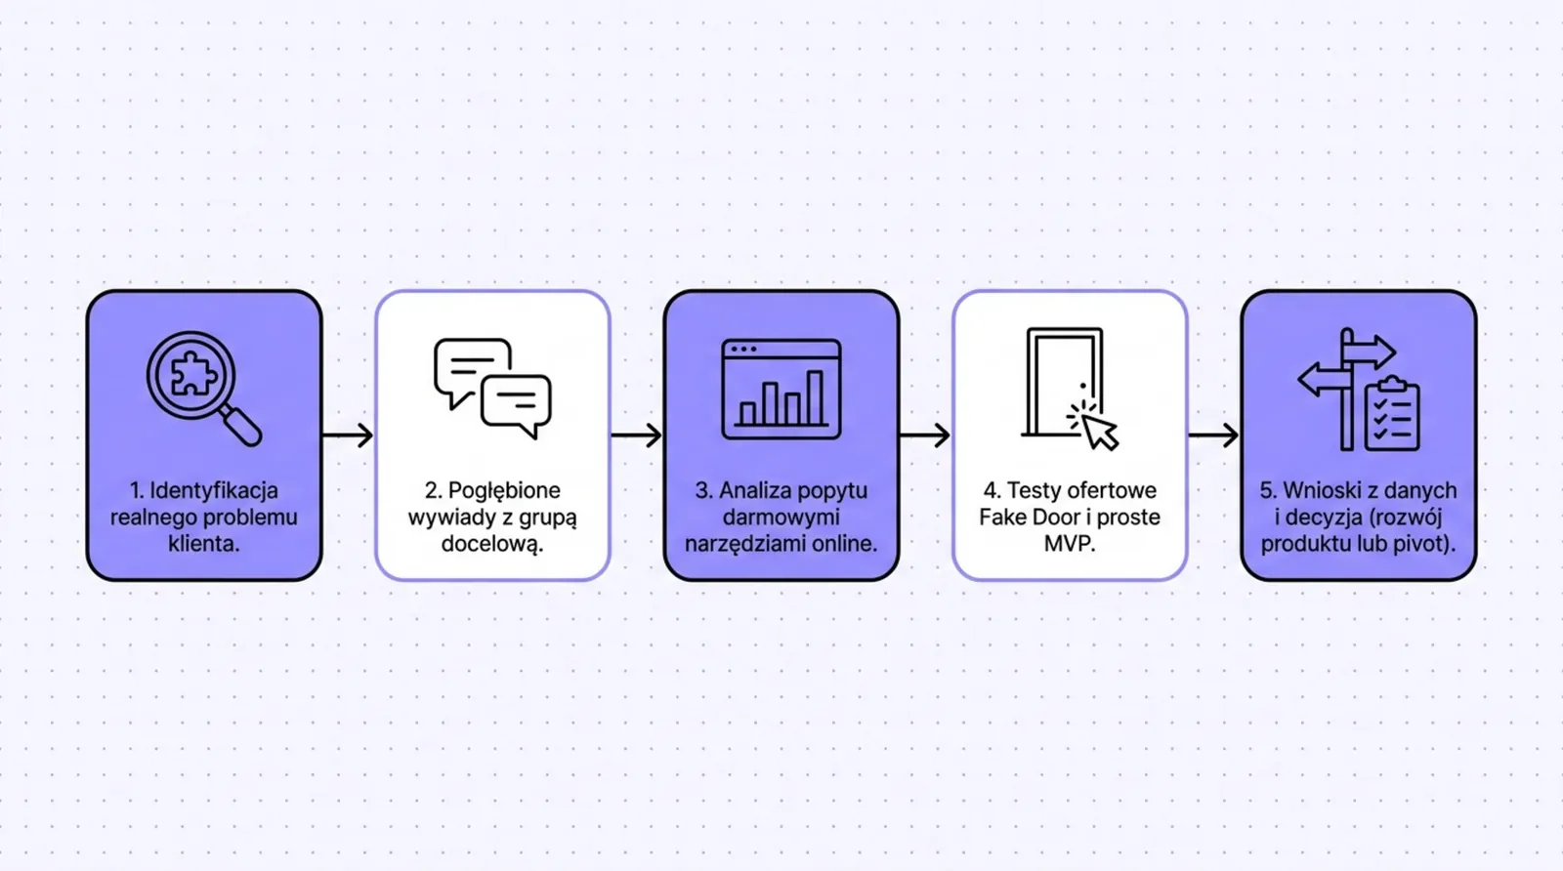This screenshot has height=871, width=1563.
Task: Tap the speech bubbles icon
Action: click(492, 388)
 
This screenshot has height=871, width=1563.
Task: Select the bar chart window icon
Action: click(781, 390)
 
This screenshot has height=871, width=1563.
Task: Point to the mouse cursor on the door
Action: click(1098, 431)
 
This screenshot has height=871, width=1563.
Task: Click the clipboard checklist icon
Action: click(1392, 414)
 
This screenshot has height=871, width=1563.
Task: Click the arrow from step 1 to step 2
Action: click(348, 435)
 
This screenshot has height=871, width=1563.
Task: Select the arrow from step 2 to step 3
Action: click(636, 435)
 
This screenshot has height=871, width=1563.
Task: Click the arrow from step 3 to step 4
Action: click(925, 435)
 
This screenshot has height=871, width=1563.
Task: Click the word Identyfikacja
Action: click(214, 491)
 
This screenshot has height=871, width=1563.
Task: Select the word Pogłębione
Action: click(504, 491)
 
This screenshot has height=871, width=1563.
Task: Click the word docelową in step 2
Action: click(491, 544)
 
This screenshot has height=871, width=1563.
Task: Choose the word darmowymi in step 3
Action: click(781, 517)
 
